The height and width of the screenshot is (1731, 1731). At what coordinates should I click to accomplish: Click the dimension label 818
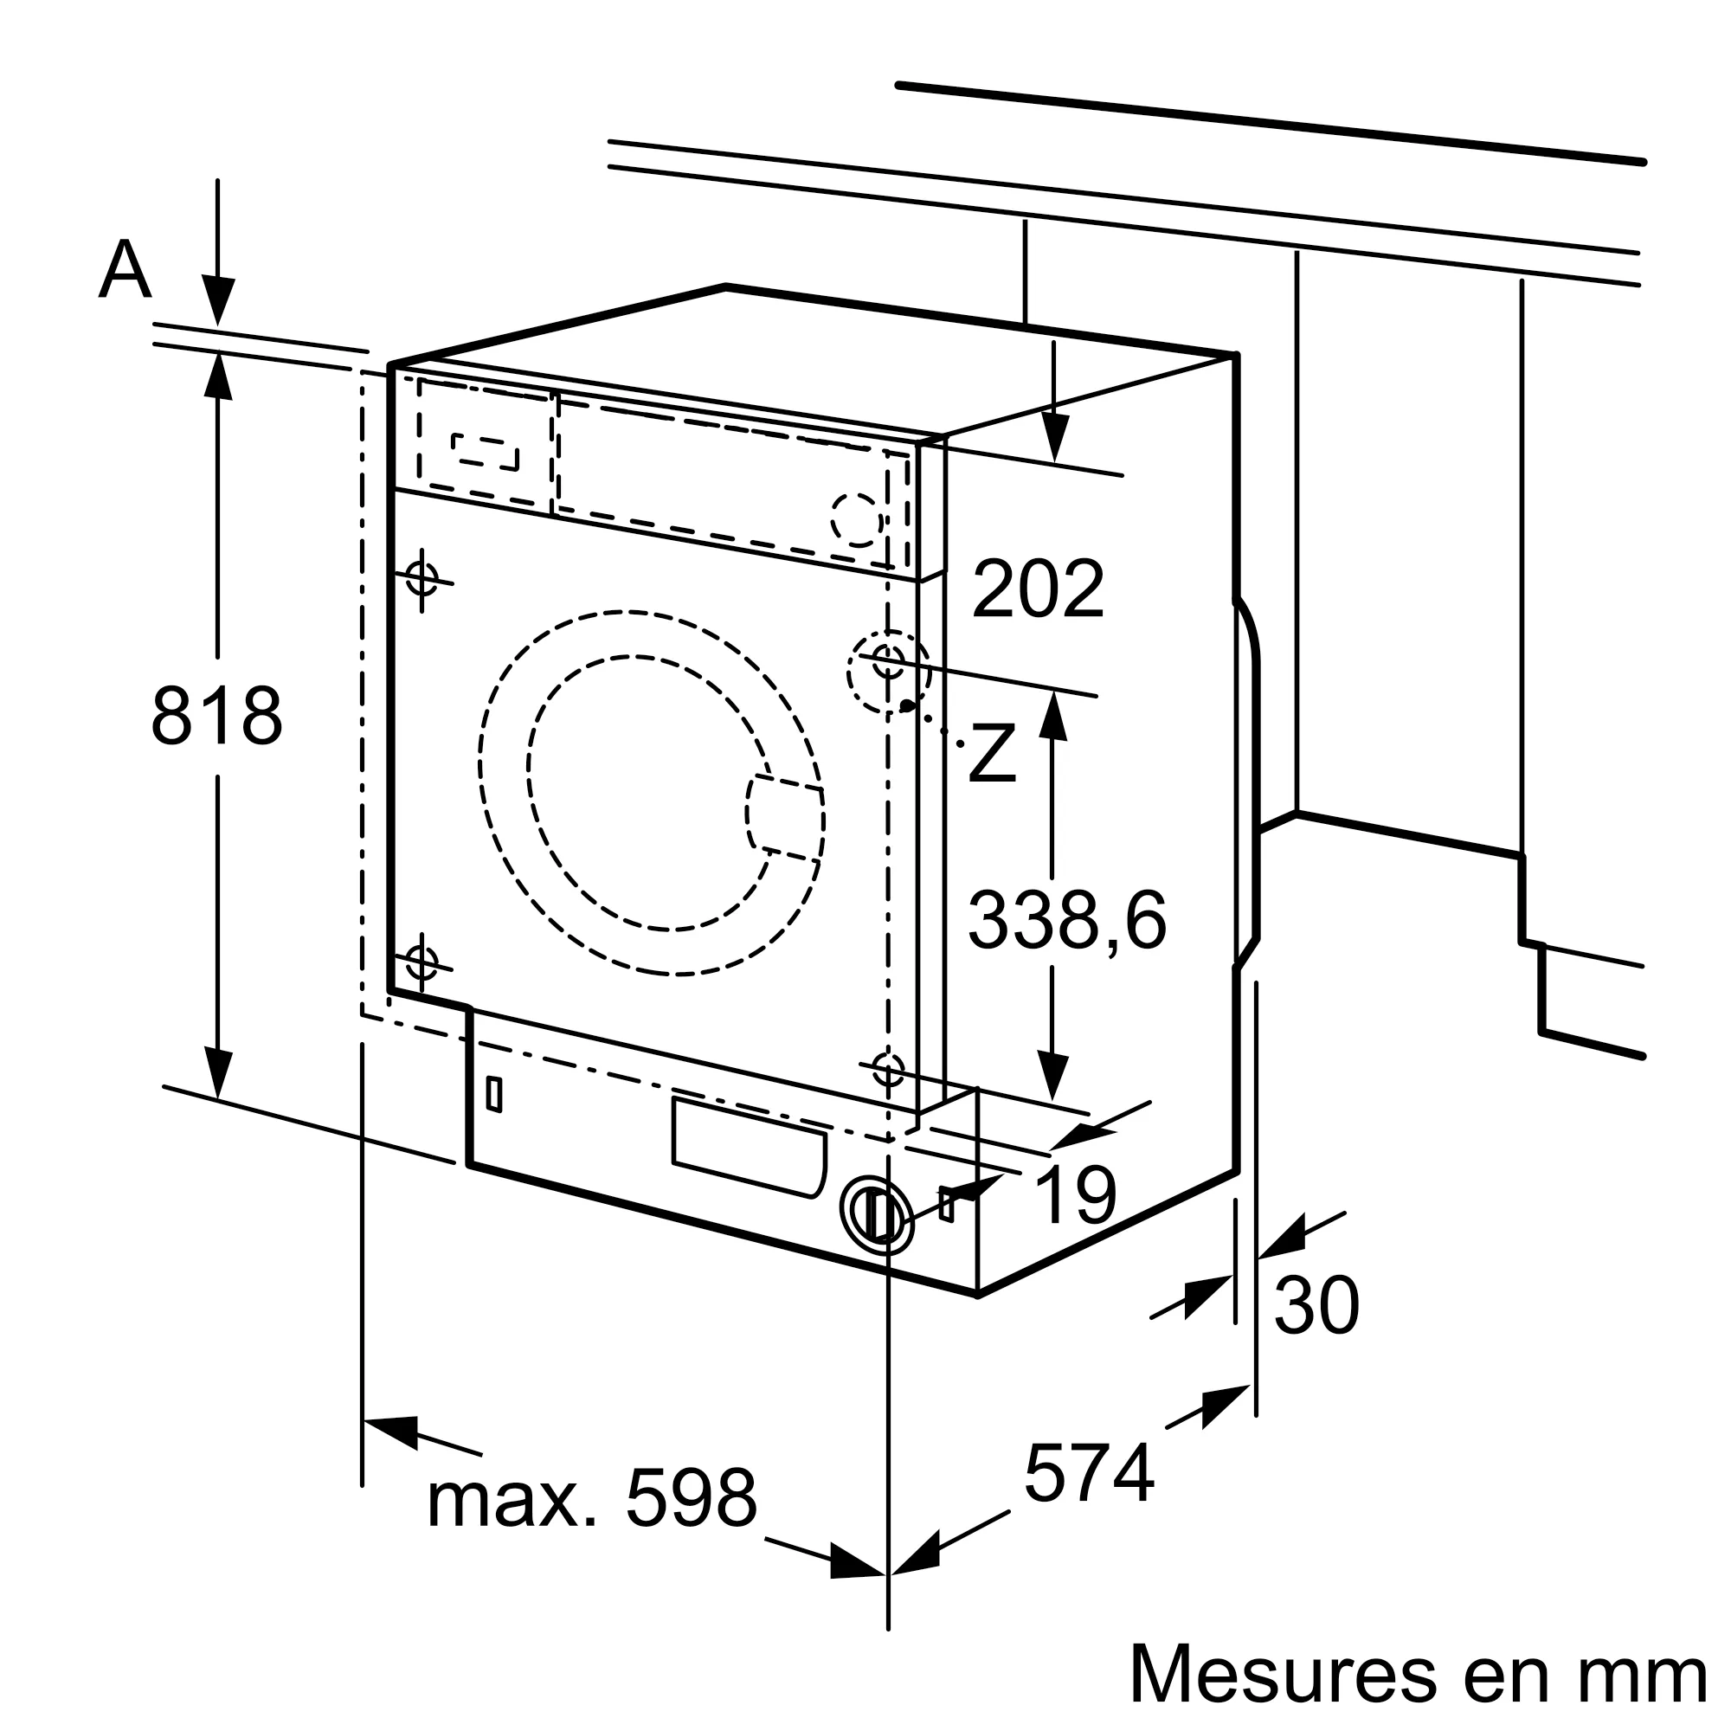click(217, 716)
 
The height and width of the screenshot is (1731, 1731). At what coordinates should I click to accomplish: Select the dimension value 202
click(1038, 589)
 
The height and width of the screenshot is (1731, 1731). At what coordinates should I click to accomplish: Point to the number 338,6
click(1067, 920)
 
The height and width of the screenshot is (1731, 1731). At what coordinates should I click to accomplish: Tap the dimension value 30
click(1316, 1306)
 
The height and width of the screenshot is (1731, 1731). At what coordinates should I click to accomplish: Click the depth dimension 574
click(1089, 1473)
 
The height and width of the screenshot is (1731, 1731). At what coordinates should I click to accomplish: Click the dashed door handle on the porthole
click(785, 815)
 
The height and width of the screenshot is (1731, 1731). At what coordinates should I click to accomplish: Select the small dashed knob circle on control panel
click(856, 519)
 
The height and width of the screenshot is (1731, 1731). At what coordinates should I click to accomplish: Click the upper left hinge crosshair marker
click(422, 577)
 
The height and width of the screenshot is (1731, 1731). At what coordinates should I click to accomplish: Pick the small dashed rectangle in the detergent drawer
click(485, 452)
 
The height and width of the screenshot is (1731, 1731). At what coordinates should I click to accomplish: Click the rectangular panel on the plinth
click(748, 1148)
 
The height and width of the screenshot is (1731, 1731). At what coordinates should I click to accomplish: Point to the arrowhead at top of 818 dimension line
click(218, 375)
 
